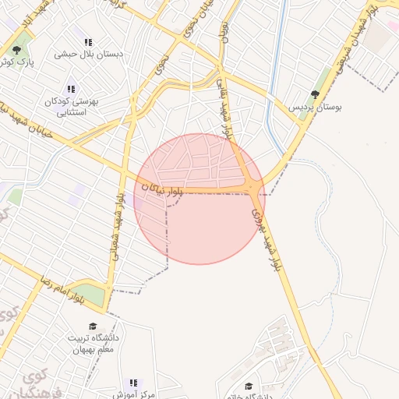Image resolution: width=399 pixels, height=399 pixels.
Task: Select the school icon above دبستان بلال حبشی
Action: (x=88, y=42)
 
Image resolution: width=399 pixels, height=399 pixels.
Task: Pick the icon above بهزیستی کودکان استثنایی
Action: (x=72, y=89)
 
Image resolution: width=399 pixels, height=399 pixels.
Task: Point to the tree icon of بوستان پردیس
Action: (x=315, y=94)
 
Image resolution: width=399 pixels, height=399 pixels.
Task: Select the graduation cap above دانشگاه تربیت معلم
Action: (x=94, y=326)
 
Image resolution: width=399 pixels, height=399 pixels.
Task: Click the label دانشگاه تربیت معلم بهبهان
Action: (x=94, y=344)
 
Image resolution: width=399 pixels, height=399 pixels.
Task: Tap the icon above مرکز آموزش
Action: (x=133, y=383)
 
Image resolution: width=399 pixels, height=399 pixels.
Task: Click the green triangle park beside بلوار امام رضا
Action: (x=90, y=295)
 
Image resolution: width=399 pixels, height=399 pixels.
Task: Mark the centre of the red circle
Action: (x=199, y=199)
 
